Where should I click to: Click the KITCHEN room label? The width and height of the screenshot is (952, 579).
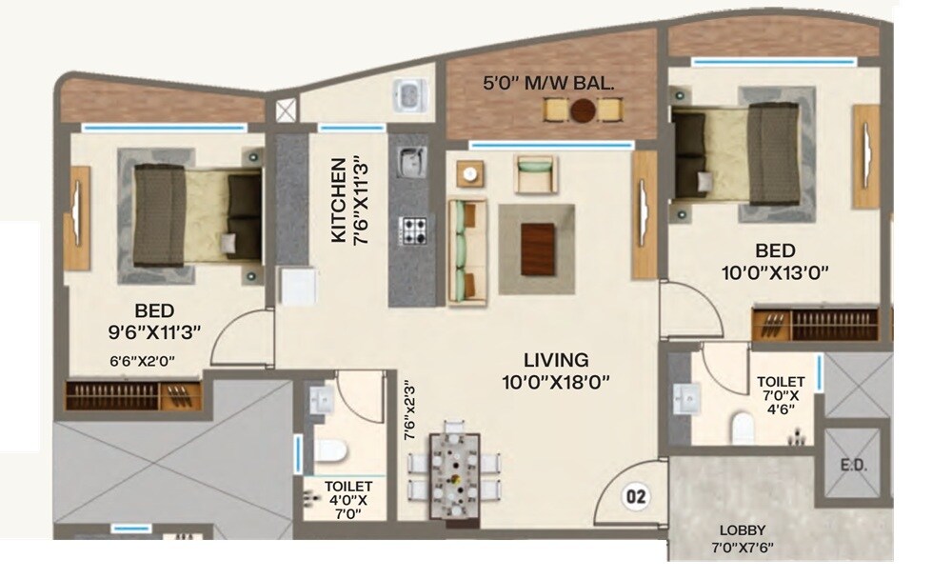pos(337,203)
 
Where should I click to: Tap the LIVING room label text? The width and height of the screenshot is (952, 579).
pos(557,361)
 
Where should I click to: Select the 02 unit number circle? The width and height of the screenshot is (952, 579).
pos(636,495)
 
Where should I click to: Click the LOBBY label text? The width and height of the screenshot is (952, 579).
pos(744,529)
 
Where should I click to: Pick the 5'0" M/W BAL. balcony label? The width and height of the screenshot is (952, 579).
pos(547,83)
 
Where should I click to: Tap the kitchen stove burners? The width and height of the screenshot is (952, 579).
pos(413,230)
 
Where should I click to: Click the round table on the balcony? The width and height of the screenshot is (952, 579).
pos(584,110)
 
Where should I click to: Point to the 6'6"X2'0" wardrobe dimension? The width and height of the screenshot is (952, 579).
pos(143,361)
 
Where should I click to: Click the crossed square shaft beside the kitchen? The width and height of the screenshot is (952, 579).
pos(285,108)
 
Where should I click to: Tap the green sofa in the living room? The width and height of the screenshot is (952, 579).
pos(466,250)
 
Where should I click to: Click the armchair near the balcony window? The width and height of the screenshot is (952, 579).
pos(535,174)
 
